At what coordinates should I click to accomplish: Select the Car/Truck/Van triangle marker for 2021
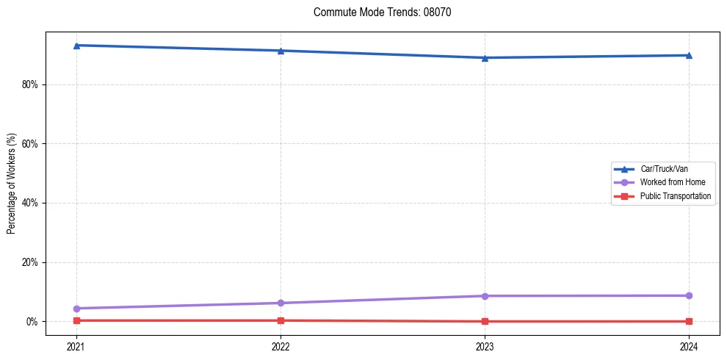pyautogui.click(x=76, y=46)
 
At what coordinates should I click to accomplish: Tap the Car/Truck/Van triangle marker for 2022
pyautogui.click(x=281, y=51)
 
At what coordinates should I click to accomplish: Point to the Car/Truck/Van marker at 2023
pyautogui.click(x=485, y=58)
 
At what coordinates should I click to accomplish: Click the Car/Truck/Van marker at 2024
pyautogui.click(x=689, y=55)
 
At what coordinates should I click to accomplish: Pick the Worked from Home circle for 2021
pyautogui.click(x=76, y=309)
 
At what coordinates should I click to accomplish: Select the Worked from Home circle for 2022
pyautogui.click(x=281, y=303)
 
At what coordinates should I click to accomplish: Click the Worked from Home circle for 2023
pyautogui.click(x=485, y=296)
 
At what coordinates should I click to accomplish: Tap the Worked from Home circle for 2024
pyautogui.click(x=689, y=295)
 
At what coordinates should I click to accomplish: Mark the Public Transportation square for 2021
pyautogui.click(x=76, y=320)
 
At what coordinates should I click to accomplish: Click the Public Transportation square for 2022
pyautogui.click(x=281, y=320)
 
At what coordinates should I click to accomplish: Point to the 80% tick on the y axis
pyautogui.click(x=29, y=84)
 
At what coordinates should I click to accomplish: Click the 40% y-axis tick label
pyautogui.click(x=29, y=203)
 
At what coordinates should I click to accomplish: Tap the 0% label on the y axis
pyautogui.click(x=32, y=322)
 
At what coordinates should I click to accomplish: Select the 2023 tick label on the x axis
pyautogui.click(x=485, y=346)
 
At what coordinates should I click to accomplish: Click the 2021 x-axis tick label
pyautogui.click(x=76, y=346)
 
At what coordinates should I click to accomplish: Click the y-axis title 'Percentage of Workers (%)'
pyautogui.click(x=12, y=184)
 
